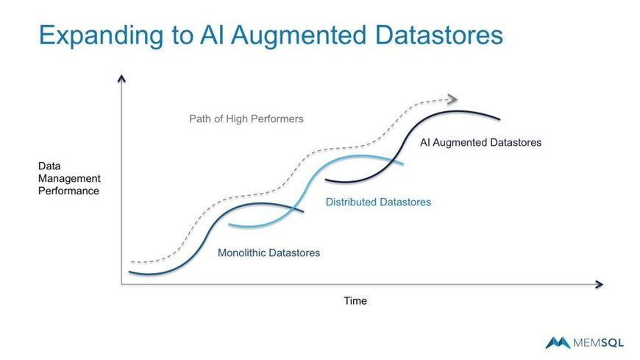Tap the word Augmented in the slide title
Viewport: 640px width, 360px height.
coord(299,35)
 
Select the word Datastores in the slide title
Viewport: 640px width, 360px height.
coord(438,35)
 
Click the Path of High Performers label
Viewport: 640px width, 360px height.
coord(246,119)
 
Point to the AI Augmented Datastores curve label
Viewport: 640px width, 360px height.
coord(481,143)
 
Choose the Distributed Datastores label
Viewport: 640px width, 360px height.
coord(378,202)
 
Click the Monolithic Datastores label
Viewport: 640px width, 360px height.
coord(269,253)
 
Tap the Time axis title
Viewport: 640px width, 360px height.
coord(355,301)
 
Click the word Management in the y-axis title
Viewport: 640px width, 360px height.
coord(69,179)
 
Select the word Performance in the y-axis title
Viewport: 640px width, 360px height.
coord(68,191)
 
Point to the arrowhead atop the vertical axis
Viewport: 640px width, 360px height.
coord(121,79)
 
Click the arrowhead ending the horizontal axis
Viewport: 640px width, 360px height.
coord(600,284)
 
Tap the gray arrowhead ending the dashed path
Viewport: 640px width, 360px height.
coord(453,99)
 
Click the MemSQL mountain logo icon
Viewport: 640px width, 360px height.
coord(558,342)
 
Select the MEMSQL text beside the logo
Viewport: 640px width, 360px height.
coord(598,343)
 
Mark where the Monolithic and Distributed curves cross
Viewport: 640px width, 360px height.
coord(294,208)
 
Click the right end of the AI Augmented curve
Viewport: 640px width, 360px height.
coord(499,119)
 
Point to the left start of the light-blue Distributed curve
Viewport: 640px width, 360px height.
coord(230,225)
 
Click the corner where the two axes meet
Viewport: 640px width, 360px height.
coord(121,284)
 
